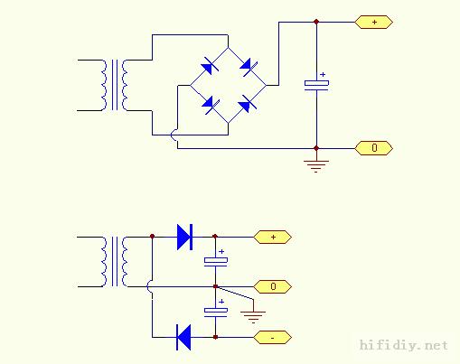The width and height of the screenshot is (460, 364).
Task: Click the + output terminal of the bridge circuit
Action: point(373,22)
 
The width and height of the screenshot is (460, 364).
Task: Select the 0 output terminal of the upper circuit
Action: point(373,148)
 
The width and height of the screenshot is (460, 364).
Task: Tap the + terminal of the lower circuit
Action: point(272,237)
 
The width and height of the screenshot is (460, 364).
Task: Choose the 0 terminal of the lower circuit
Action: point(272,286)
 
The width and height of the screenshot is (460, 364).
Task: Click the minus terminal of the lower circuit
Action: point(272,338)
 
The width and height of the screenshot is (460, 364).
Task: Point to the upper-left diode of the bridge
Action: point(210,66)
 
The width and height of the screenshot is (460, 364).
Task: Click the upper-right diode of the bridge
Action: point(249,67)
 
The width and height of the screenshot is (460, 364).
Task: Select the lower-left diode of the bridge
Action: point(211,105)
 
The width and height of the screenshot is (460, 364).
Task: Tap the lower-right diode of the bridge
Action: point(248,104)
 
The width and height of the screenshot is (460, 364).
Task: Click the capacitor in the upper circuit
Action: point(316,83)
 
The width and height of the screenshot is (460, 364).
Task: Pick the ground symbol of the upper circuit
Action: point(316,166)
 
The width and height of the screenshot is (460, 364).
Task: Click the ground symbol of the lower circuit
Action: point(253,317)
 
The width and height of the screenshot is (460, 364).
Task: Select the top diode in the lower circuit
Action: point(184,237)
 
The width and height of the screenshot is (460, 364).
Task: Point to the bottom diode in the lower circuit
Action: point(183,338)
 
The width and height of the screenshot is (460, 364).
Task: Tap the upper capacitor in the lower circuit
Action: point(216,260)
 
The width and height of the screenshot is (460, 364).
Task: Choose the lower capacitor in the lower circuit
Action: point(216,310)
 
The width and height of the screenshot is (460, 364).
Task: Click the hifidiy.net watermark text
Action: point(404,345)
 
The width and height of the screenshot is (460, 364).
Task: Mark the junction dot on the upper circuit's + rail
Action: point(316,22)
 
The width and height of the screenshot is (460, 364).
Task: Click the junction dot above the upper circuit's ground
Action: point(316,148)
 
